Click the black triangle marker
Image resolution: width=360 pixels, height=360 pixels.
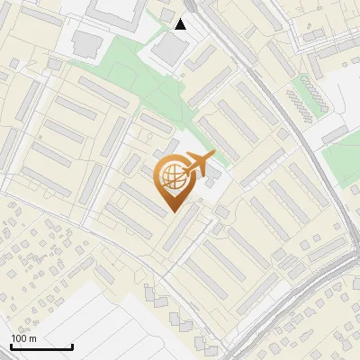(x=181, y=24)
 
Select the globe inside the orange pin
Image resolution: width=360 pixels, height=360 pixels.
(x=172, y=177)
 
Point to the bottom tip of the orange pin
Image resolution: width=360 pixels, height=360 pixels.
(x=173, y=212)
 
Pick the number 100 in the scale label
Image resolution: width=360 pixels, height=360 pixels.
(x=18, y=338)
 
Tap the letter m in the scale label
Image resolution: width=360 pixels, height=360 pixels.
(x=32, y=338)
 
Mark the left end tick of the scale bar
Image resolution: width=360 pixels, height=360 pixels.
(x=11, y=345)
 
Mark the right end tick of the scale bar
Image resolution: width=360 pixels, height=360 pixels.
(x=73, y=345)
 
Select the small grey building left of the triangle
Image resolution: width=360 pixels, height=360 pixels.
(x=166, y=15)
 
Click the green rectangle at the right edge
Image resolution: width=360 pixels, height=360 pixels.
(x=342, y=158)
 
